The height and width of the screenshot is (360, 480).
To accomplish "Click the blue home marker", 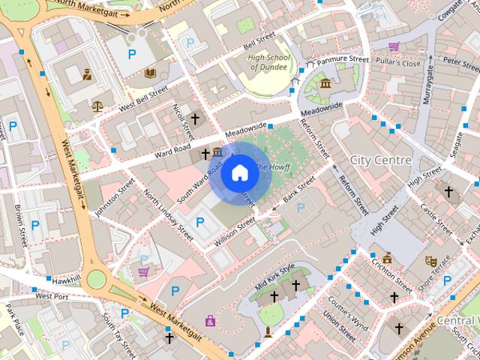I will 239,172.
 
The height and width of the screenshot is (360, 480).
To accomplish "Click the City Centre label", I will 380,160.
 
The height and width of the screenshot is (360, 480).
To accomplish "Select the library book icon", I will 150,73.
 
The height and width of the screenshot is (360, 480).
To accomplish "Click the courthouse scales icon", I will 97,106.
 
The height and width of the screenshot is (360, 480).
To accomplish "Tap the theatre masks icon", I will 430,261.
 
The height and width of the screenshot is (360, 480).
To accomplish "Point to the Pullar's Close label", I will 400,64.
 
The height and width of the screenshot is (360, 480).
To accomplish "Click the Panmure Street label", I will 343,59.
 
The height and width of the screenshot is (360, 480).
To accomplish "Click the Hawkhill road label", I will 66,279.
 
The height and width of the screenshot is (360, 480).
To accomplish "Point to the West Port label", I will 52,296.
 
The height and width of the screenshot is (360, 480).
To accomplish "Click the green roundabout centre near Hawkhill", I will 96,280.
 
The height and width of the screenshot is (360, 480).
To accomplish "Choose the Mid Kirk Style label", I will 275,277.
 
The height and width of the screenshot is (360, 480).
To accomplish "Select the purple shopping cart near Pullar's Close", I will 393,46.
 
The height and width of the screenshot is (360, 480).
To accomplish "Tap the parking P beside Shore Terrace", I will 448,280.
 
